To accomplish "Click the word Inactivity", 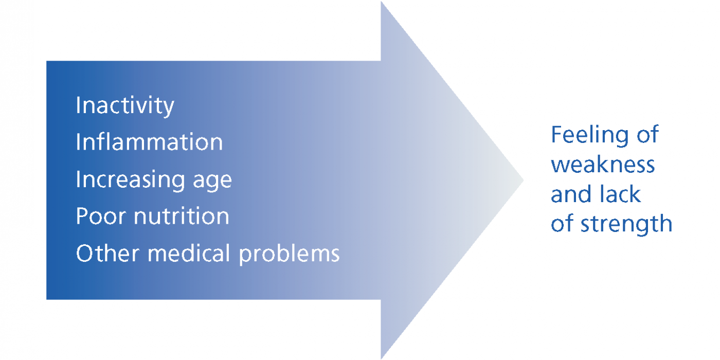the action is [125, 106].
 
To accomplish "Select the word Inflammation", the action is [150, 141].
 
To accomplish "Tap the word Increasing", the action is [130, 180].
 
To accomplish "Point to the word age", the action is [212, 182].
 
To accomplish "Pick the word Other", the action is [108, 253].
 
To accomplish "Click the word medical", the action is [189, 253].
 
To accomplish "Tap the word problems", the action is [289, 255].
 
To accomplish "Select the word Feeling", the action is [590, 136].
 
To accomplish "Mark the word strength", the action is [626, 224].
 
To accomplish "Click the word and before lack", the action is [571, 194].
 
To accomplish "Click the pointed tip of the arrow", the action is [524, 181].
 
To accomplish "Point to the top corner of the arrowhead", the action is [382, 2].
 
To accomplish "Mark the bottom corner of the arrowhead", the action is [382, 358].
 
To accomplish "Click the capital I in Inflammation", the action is [78, 141].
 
